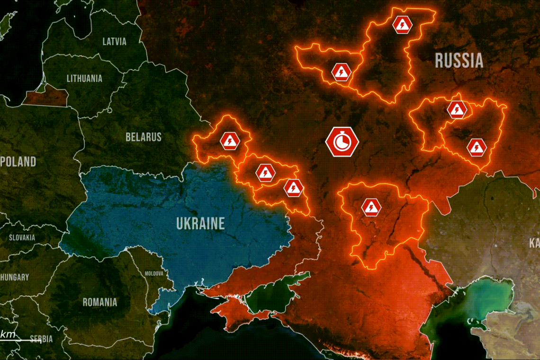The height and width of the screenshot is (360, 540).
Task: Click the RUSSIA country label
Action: coord(459,61)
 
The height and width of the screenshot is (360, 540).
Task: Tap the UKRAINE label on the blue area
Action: coord(200,223)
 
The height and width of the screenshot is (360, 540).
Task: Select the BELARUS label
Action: coord(144,137)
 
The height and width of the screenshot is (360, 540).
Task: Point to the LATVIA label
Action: coord(115,42)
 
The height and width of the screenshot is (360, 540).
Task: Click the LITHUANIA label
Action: coord(84,78)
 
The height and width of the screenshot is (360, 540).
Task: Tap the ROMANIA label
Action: coord(100,302)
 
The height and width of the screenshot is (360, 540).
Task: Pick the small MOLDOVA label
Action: coord(154,274)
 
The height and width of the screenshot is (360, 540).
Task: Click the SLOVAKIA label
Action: coord(22,237)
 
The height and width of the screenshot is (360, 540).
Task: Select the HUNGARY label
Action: coord(15,277)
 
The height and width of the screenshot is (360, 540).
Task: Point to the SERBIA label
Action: coord(41,339)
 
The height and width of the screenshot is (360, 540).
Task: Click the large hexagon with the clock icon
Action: coord(342,142)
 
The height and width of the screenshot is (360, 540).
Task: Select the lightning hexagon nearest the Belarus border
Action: coord(230,141)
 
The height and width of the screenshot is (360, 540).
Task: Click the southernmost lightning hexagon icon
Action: coord(371,207)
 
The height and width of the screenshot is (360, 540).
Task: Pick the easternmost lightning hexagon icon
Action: coord(476,148)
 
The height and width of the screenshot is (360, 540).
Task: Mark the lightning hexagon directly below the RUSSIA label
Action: coord(457,110)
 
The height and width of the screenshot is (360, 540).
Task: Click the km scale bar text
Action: coord(8,335)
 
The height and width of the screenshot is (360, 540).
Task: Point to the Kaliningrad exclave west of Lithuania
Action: coord(45,97)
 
